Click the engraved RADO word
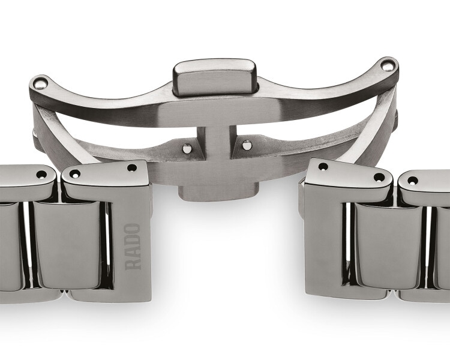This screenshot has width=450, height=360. pos(133,247)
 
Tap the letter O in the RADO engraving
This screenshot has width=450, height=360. pos(133,229)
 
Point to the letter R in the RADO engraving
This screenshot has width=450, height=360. pos(133,264)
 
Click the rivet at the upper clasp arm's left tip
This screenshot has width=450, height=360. pos(40,83)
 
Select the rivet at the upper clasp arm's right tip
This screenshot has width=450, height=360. pos(388,65)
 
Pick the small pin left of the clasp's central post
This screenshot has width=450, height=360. pos(187,148)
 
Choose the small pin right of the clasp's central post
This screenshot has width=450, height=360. pos(247,145)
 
